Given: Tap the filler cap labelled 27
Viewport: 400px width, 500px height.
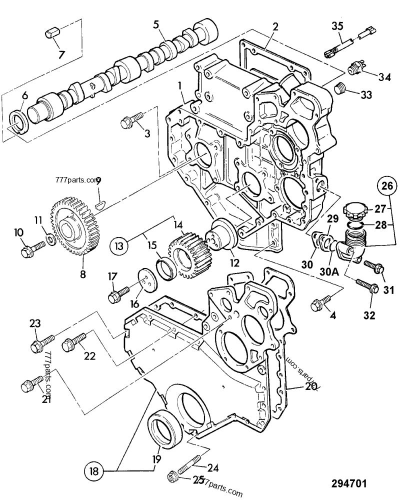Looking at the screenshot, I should pos(356,210).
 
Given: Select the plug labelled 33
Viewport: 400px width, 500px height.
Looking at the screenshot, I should pos(339,90).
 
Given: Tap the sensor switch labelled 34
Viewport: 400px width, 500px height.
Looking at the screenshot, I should pos(356,68).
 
